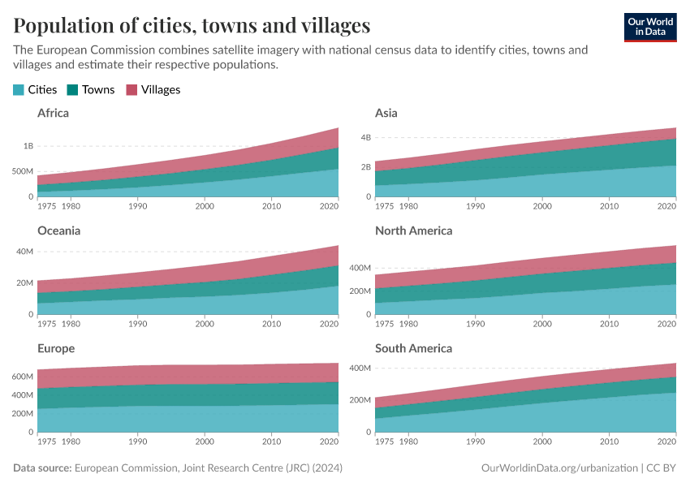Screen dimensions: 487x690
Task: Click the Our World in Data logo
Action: [x=649, y=27]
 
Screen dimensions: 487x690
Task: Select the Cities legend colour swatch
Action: [x=19, y=90]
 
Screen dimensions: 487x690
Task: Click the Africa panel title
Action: [x=53, y=113]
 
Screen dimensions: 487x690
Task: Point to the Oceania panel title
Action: [x=58, y=231]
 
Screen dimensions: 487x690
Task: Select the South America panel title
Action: [x=413, y=348]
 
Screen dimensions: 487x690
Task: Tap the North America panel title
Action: [x=413, y=231]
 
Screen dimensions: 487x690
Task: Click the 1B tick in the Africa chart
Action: [x=28, y=146]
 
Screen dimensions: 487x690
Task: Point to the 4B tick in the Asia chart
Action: [x=365, y=137]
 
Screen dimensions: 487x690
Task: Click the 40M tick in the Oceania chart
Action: [x=25, y=252]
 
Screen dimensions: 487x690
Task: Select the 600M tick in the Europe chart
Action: [x=22, y=377]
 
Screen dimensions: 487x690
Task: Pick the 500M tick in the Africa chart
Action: [x=22, y=171]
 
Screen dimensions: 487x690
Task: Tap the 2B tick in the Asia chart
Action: [x=365, y=167]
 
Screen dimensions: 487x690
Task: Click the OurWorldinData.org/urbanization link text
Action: [x=558, y=468]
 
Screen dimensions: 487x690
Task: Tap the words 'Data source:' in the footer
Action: [x=42, y=468]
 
